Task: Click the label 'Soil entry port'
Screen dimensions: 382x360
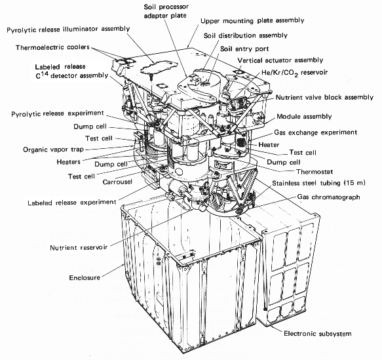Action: (x=244, y=49)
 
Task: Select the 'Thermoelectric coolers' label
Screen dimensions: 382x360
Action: (x=52, y=47)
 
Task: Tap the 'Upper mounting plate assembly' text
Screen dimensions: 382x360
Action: (x=252, y=21)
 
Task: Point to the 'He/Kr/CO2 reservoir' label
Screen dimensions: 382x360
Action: (x=295, y=73)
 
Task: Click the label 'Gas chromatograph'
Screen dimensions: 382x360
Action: (x=329, y=197)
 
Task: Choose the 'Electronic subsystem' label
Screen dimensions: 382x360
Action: (x=318, y=333)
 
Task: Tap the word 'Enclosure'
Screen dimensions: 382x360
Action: (x=85, y=277)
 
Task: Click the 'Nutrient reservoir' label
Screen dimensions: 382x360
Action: (x=79, y=248)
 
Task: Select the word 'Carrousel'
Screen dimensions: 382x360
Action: (x=117, y=182)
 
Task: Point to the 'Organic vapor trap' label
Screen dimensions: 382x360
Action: (x=53, y=150)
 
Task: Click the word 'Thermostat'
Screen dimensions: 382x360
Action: (x=315, y=172)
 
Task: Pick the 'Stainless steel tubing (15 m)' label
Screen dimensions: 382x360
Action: (x=318, y=183)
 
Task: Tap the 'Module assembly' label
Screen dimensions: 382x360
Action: (x=304, y=116)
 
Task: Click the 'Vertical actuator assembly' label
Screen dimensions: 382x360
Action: (x=280, y=60)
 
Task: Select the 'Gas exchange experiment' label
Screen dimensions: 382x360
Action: (x=315, y=132)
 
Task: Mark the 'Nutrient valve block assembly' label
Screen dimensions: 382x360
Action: (x=324, y=97)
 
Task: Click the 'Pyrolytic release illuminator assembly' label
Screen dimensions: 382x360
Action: (x=68, y=30)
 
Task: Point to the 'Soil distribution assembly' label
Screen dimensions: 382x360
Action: (x=246, y=35)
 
